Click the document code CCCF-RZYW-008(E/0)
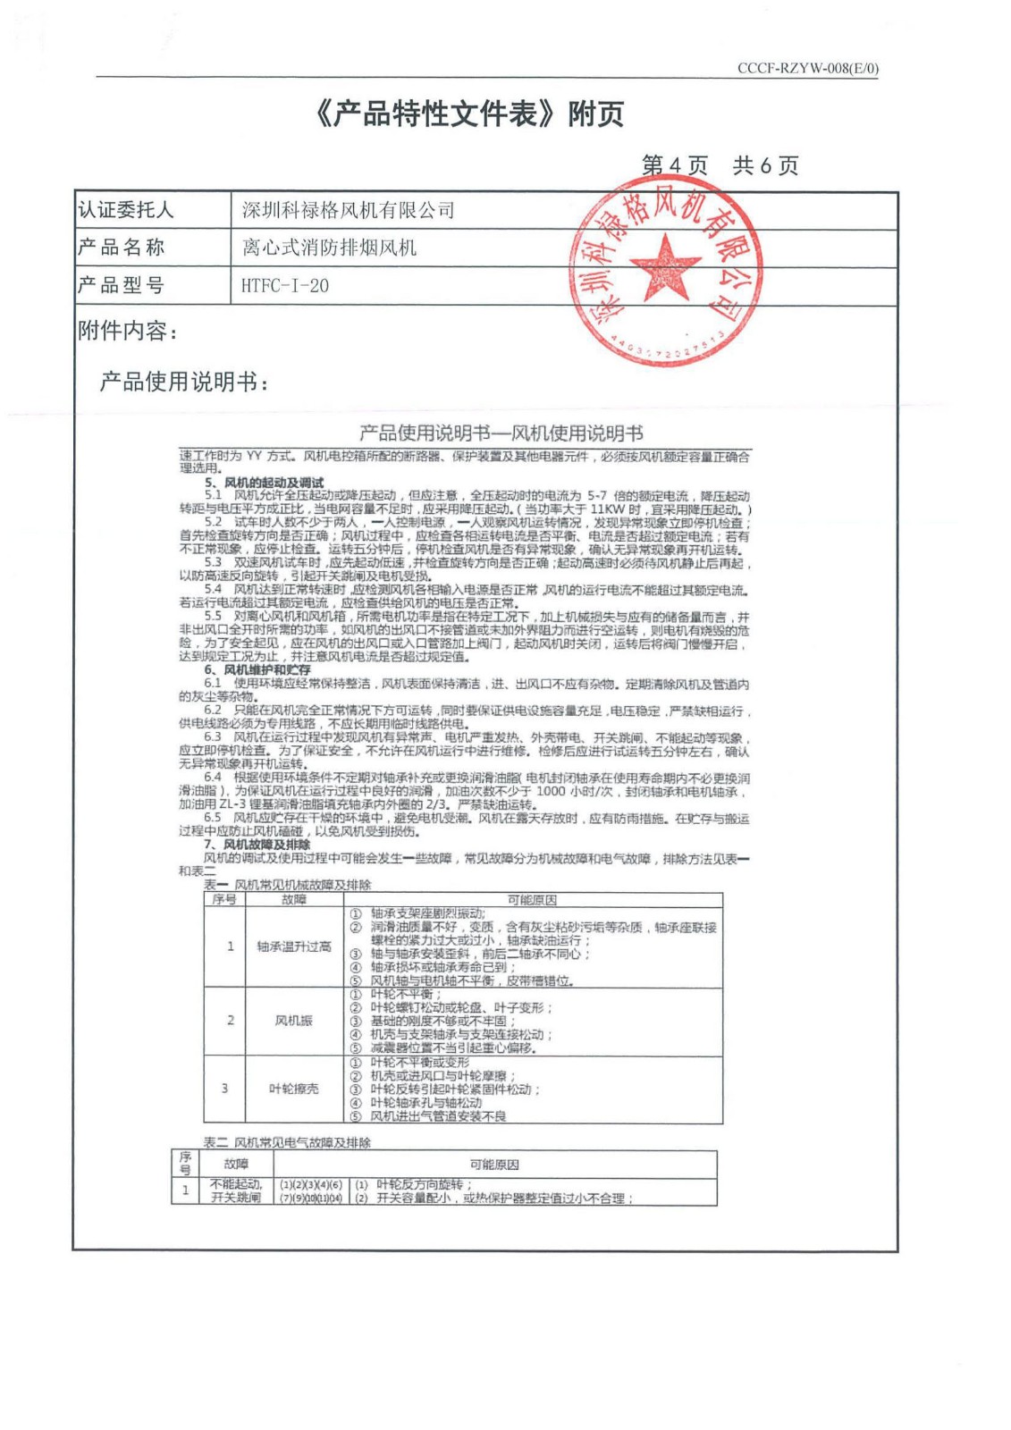807,69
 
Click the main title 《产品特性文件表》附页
469,114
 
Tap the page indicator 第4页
674,165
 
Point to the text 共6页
765,165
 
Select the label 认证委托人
126,210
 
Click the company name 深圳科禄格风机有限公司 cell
349,211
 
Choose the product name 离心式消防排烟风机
329,248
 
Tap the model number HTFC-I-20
285,286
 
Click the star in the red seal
665,265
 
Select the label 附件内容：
128,332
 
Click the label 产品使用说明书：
184,383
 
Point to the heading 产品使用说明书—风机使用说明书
501,433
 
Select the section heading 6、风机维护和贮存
257,669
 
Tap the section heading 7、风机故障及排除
257,844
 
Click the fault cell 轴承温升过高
294,946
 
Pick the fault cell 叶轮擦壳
294,1089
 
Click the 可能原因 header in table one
532,900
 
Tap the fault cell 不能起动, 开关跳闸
236,1190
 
